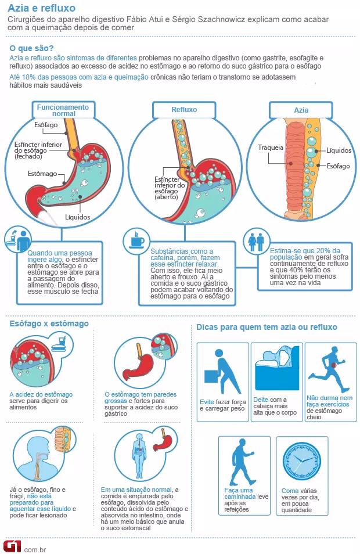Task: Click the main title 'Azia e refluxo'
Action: [x=42, y=8]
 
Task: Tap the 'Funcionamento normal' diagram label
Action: [x=63, y=110]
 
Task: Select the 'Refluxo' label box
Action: [x=184, y=110]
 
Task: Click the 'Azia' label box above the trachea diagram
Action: [x=301, y=110]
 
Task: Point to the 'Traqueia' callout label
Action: [x=271, y=148]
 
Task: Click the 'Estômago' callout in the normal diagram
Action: [x=42, y=174]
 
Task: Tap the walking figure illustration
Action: [x=243, y=462]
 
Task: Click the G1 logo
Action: [x=12, y=546]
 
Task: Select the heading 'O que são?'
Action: [x=31, y=48]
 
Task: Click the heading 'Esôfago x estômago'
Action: [x=49, y=323]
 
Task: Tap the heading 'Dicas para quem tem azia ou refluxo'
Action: [x=267, y=327]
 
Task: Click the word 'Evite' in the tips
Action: [x=207, y=402]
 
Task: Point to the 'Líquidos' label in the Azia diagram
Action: [x=339, y=150]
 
